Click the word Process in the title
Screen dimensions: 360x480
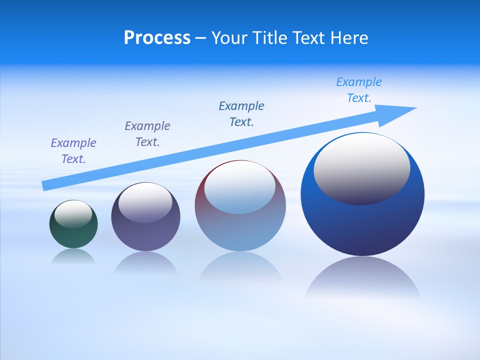click(157, 38)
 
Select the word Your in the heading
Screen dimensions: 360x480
click(229, 38)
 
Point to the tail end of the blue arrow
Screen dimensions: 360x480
click(44, 186)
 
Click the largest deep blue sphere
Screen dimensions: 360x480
click(362, 225)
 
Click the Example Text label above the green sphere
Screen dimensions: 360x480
click(73, 151)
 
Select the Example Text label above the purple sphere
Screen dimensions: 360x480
click(147, 134)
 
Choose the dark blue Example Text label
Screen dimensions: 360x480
click(241, 114)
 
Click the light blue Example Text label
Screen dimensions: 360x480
click(359, 90)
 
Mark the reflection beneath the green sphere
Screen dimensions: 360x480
click(73, 256)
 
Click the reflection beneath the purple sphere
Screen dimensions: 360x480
click(145, 263)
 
